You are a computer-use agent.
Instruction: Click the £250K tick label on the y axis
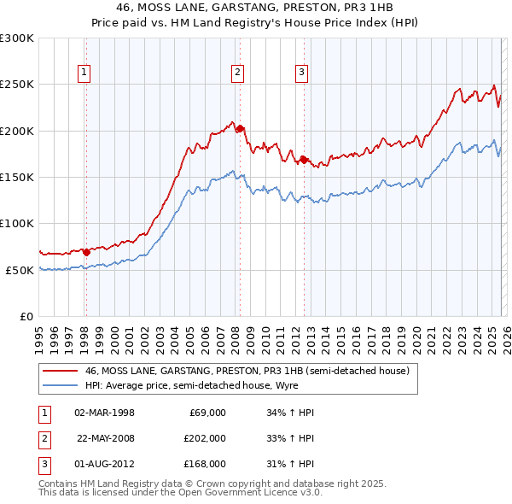tap(17, 85)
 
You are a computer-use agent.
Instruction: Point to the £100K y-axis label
tap(17, 223)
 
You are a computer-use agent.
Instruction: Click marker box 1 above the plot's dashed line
tap(85, 73)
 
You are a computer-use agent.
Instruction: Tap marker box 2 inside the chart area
tap(237, 73)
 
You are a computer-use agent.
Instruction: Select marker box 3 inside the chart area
tap(302, 73)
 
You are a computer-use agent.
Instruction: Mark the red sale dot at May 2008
tap(241, 129)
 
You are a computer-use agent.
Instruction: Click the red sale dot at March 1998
tap(86, 252)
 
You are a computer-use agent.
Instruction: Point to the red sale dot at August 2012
tap(304, 160)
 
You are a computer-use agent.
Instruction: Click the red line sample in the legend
tap(60, 371)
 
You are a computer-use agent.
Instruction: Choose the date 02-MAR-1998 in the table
tap(105, 413)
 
